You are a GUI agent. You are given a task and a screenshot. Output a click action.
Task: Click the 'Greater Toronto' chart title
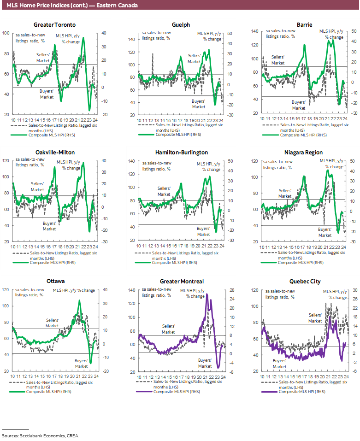pos(55,25)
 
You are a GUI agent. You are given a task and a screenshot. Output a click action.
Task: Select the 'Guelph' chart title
pos(181,25)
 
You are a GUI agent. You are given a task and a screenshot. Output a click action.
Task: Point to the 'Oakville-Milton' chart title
pos(55,153)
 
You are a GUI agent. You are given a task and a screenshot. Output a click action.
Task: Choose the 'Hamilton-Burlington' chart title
pos(181,153)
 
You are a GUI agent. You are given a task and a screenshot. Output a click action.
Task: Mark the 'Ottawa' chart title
pos(55,281)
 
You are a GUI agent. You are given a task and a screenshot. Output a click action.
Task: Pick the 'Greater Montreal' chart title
pos(181,281)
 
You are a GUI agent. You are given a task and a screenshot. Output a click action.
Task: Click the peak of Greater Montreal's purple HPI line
pos(207,294)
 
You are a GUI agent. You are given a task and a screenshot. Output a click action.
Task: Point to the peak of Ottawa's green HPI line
pos(79,300)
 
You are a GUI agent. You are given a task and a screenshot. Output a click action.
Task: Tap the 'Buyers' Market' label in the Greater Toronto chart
pos(47,94)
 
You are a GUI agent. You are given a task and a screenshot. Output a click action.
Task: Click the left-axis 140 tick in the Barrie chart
pos(255,31)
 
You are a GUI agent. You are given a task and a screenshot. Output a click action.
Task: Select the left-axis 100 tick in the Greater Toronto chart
pos(6,33)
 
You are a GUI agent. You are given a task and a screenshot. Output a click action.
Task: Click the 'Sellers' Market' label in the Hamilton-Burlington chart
pos(164,191)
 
